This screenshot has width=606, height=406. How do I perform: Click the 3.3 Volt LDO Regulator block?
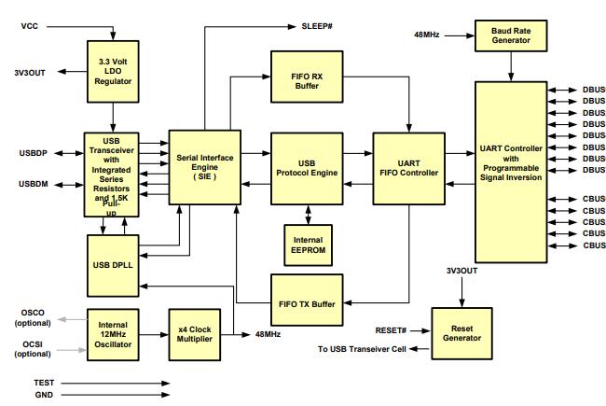[113, 70]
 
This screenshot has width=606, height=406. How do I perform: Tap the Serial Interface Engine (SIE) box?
[202, 168]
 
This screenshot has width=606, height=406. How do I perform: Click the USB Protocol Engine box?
[308, 168]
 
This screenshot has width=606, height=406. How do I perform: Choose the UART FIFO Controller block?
[408, 168]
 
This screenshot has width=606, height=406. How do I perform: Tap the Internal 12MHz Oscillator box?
[113, 332]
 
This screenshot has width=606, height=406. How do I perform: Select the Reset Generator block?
[462, 332]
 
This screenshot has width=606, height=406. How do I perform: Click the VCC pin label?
[30, 26]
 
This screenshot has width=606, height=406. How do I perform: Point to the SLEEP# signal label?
[320, 26]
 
